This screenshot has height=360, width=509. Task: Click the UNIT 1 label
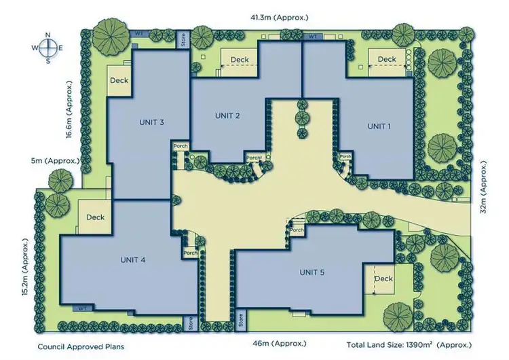[379, 126]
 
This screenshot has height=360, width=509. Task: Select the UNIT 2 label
[228, 115]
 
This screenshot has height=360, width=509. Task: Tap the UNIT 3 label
[152, 122]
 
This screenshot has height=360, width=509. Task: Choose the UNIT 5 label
[312, 272]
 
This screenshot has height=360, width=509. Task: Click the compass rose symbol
[47, 48]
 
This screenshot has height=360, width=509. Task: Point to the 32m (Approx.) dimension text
[483, 187]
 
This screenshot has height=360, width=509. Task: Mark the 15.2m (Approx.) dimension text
[26, 268]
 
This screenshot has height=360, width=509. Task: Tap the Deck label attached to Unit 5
[383, 278]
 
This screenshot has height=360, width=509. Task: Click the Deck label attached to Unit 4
[96, 217]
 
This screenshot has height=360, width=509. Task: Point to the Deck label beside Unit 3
[119, 81]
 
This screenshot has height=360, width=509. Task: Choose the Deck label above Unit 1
[387, 59]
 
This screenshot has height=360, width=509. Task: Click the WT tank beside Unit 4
[81, 308]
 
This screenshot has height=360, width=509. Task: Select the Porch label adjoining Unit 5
[297, 230]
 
